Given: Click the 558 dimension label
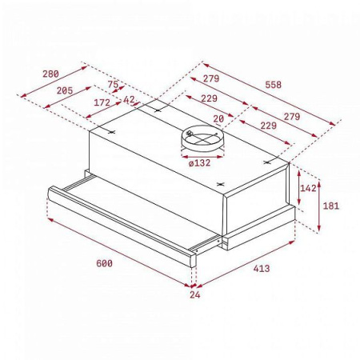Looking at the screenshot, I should click(273, 83).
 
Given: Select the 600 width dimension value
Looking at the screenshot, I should click(104, 263).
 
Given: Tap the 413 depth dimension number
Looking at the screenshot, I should click(261, 268).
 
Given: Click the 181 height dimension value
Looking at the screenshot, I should click(330, 206).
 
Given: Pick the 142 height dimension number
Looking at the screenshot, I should click(307, 187).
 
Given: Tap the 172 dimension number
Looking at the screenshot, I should click(102, 102).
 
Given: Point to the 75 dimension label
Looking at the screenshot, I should click(112, 84).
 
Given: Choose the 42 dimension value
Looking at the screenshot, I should click(129, 99).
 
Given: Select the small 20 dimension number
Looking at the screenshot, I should click(218, 118).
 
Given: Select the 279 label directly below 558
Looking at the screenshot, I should click(211, 78).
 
